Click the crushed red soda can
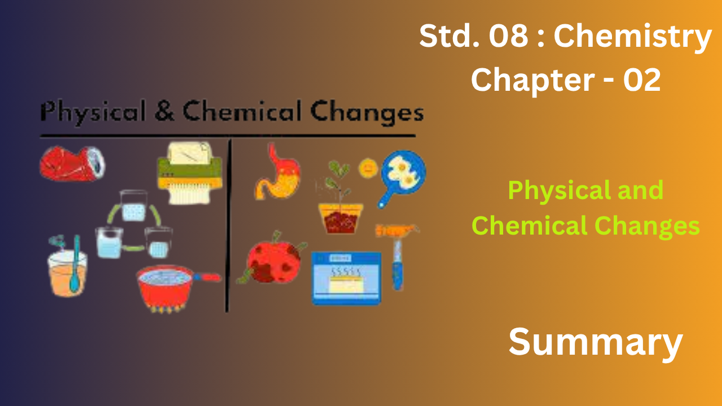(x=72, y=164)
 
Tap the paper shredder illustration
(x=190, y=173)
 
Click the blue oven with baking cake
(x=346, y=279)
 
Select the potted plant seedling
(x=340, y=197)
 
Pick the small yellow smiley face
(x=368, y=168)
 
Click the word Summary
(x=596, y=342)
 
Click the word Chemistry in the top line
(x=632, y=38)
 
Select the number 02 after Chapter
(x=642, y=80)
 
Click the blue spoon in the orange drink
(x=76, y=263)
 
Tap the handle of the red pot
(x=207, y=277)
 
